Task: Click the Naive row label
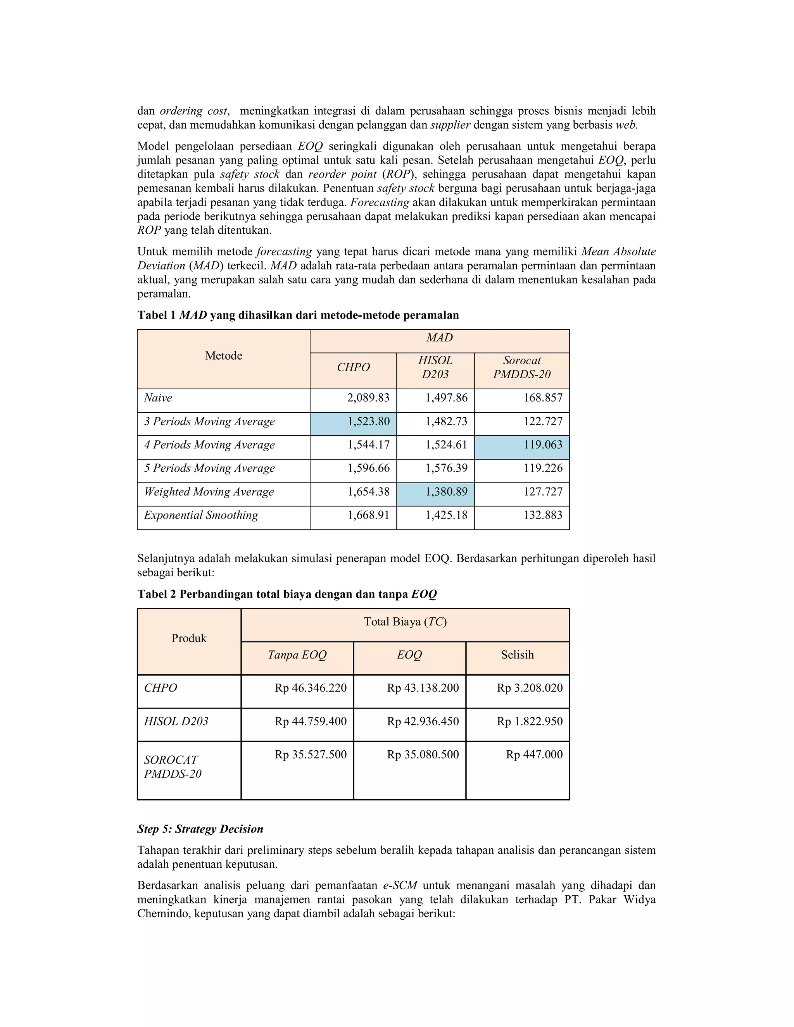point(158,398)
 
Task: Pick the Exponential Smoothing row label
point(201,515)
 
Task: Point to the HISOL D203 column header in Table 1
point(435,367)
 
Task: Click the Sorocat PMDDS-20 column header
point(522,367)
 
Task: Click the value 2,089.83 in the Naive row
point(368,398)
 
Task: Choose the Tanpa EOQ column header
point(297,655)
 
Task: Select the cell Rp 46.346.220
point(311,688)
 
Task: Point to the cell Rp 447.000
point(534,755)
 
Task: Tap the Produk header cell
point(189,639)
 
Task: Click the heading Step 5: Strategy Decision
point(200,829)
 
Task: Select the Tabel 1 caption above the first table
point(298,315)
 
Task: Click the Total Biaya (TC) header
point(405,622)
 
